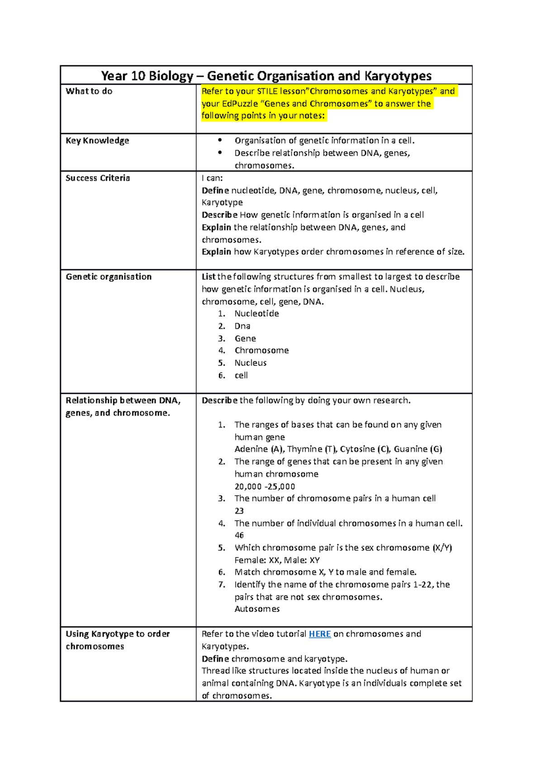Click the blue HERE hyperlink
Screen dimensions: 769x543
[319, 634]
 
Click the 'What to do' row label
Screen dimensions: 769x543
[89, 91]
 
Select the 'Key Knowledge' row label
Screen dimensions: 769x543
[97, 141]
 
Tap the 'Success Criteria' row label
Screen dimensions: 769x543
[98, 178]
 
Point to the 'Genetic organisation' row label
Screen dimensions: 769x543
[109, 277]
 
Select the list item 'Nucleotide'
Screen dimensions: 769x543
[257, 314]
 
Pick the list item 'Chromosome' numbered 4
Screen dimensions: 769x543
[262, 351]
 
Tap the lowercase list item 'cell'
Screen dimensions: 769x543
[241, 375]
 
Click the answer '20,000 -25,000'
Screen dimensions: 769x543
[265, 487]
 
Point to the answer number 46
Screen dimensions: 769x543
[239, 535]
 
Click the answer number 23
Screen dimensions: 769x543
[239, 511]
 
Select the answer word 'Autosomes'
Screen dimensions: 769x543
[257, 609]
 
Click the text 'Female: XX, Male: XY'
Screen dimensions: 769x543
[277, 560]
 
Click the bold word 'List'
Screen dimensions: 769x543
[209, 277]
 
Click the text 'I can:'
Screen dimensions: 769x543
[212, 178]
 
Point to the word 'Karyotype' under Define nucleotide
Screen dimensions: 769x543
[222, 202]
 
